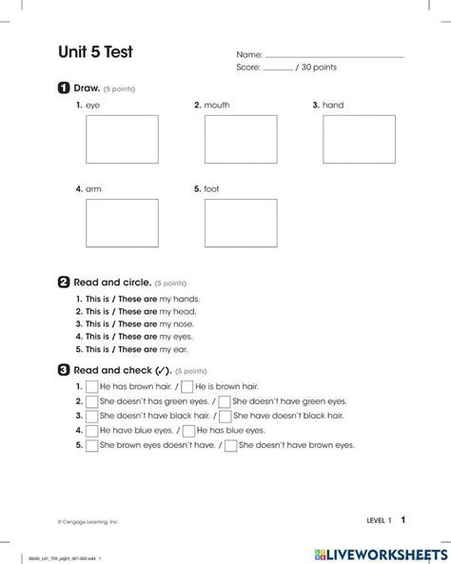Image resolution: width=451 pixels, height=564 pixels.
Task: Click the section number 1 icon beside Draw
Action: click(63, 88)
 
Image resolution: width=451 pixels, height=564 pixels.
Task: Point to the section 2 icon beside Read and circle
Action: click(63, 282)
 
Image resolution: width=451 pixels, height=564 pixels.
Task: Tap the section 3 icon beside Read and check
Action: click(63, 370)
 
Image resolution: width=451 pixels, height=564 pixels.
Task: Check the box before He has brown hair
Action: click(91, 387)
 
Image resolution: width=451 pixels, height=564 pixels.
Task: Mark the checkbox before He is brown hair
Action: click(187, 387)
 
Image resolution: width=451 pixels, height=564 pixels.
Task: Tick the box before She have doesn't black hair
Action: click(225, 416)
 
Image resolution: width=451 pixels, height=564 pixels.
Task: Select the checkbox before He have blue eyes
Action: click(91, 430)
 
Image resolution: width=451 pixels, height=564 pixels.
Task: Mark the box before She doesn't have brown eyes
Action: click(230, 444)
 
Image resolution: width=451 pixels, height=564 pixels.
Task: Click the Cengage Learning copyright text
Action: click(88, 522)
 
